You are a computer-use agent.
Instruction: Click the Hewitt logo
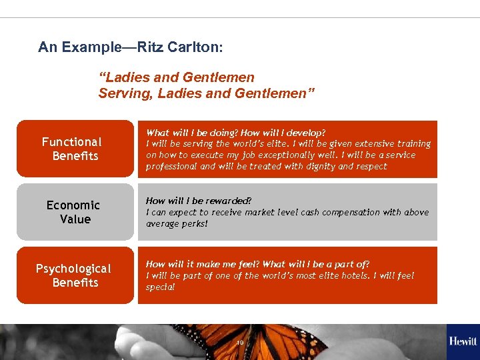(463, 341)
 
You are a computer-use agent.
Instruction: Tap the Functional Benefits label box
(75, 149)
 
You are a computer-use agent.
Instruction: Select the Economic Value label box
(75, 212)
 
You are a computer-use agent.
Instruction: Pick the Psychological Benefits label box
(75, 275)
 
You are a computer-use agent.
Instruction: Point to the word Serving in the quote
(125, 93)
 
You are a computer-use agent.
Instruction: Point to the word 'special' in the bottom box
(160, 287)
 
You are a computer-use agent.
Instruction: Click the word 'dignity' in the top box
(321, 167)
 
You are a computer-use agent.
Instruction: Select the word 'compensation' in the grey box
(353, 213)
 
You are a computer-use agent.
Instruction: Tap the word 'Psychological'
(73, 269)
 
